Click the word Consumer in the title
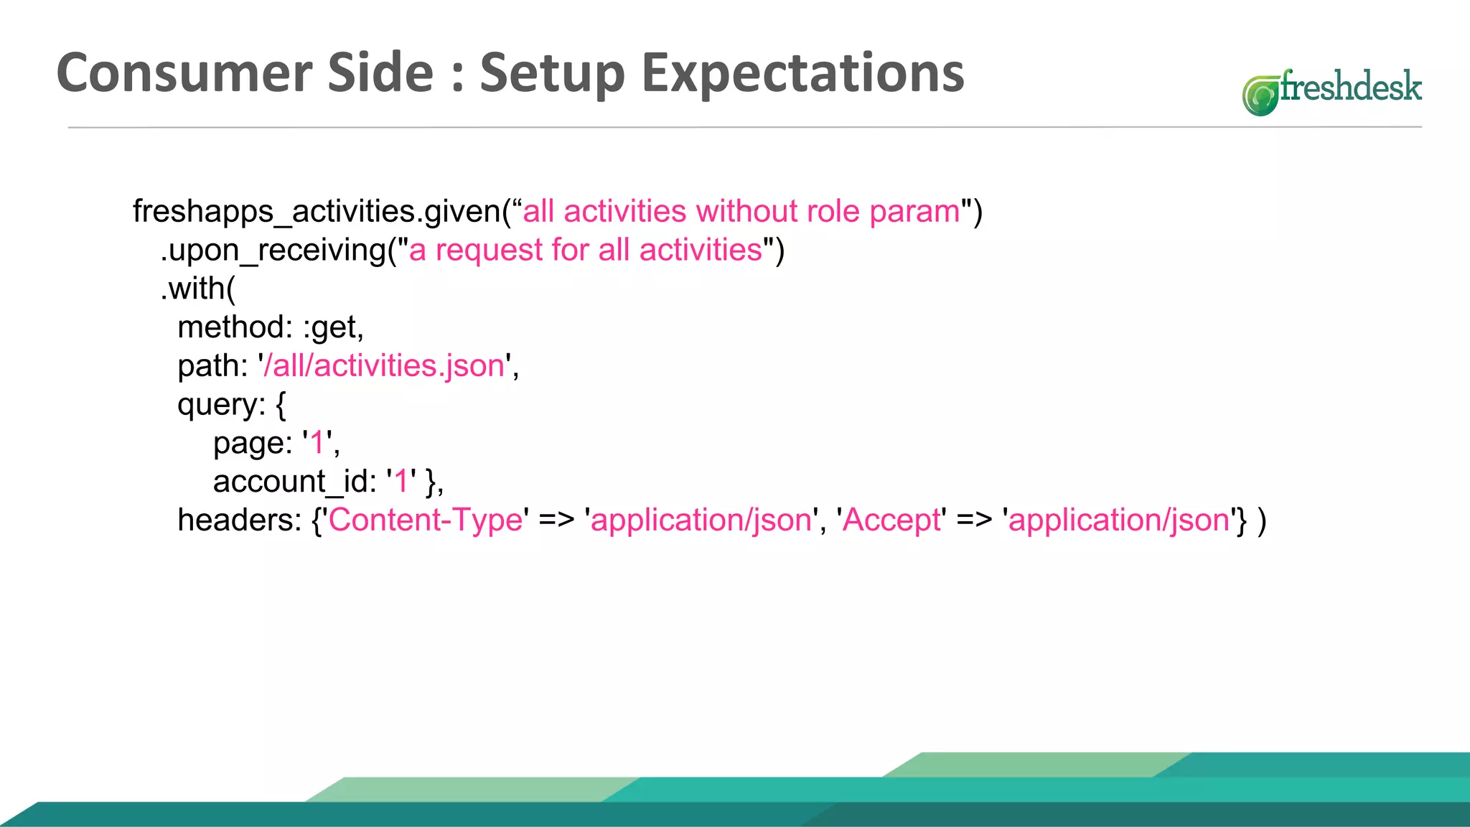[184, 73]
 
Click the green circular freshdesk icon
[1260, 95]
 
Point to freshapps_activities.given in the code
[316, 212]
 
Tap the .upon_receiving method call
[273, 251]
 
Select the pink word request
[489, 251]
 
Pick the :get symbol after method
[333, 328]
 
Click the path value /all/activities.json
[385, 366]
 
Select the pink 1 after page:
[317, 443]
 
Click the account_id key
[294, 482]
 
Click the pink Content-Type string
[426, 520]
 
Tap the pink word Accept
[891, 520]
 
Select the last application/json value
[1119, 520]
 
